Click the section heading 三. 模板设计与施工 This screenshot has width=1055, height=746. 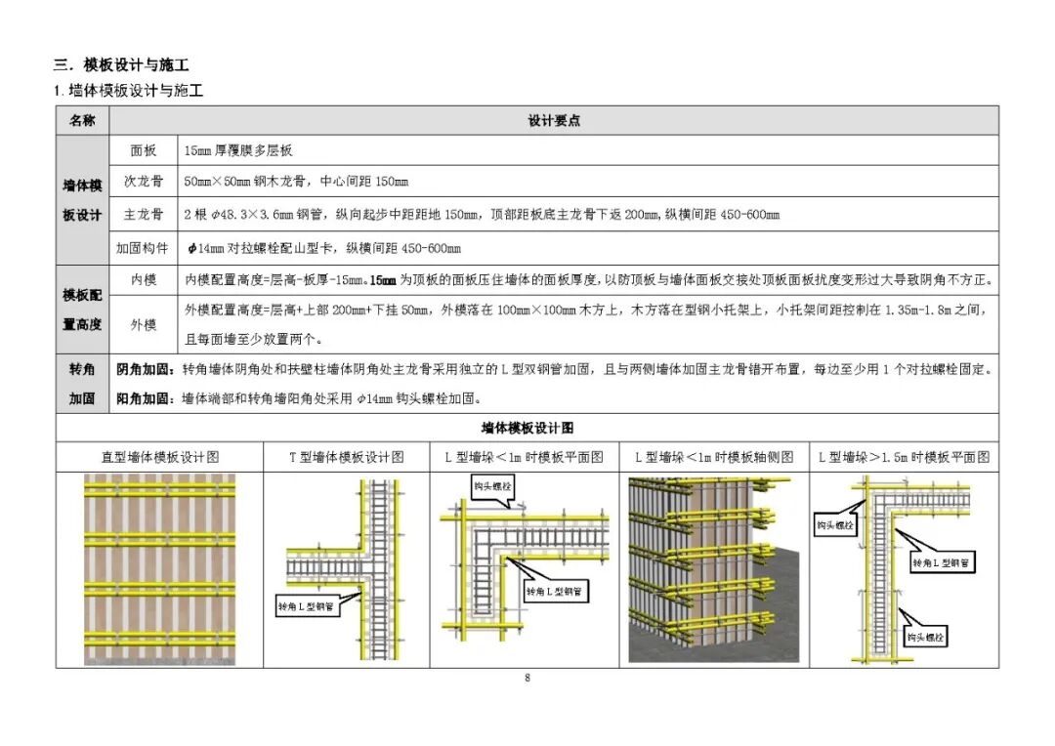point(121,65)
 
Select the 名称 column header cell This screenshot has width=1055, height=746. point(82,120)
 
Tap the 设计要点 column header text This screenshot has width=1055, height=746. point(554,120)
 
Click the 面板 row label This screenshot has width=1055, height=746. point(144,150)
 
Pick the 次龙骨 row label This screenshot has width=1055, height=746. point(144,182)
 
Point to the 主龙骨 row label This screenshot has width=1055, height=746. point(144,214)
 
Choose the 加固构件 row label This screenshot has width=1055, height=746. point(143,248)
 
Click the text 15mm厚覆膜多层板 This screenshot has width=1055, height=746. point(238,150)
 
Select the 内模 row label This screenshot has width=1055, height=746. point(144,280)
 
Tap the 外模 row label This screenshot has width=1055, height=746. point(144,324)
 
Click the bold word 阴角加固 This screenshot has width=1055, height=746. point(143,370)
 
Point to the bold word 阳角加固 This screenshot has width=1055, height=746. point(143,398)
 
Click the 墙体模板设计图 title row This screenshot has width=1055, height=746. point(527,428)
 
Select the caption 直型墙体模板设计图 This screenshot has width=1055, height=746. point(159,457)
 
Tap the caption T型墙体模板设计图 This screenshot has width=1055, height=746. point(346,457)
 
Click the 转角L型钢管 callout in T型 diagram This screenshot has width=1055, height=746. point(305,606)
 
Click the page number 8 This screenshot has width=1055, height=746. point(527,678)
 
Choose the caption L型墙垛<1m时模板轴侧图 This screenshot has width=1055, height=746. point(714,457)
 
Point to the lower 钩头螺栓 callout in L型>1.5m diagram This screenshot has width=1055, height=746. point(925,638)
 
